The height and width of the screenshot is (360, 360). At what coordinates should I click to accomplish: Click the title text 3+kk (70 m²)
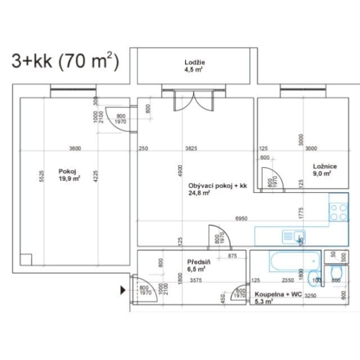coord(65,61)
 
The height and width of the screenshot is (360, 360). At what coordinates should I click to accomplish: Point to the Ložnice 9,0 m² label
coord(325,169)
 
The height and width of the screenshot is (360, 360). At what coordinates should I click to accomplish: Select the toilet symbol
coord(336,274)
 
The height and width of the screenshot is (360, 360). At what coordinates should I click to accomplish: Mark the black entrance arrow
coord(123,290)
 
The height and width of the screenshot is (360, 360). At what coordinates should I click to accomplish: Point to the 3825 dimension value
coord(191,148)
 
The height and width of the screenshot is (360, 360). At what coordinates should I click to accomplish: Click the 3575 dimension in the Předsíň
coord(196,280)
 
